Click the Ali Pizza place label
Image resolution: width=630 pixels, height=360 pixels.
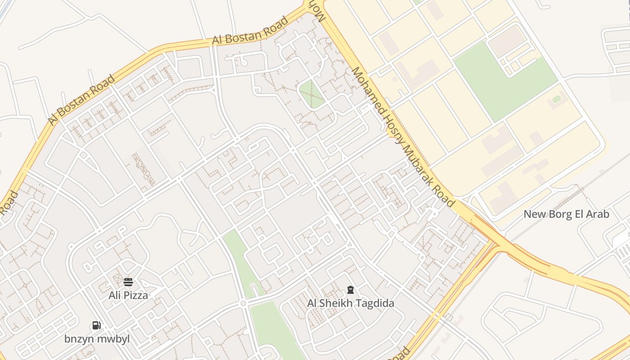[128, 295]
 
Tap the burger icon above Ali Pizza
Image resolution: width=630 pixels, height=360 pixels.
[128, 282]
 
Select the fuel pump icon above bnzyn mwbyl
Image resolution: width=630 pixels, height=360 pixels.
[96, 325]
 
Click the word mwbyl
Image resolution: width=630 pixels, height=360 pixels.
[113, 339]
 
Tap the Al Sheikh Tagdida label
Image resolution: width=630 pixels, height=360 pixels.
[351, 303]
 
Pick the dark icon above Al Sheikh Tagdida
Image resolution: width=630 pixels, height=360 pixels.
[351, 290]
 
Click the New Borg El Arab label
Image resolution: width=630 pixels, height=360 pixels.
[566, 214]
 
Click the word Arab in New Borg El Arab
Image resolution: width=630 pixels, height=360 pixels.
[598, 214]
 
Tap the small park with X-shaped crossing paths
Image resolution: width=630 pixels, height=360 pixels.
[311, 94]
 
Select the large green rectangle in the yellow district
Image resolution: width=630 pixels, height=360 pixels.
[504, 81]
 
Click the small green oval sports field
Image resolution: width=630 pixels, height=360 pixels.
[557, 99]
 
